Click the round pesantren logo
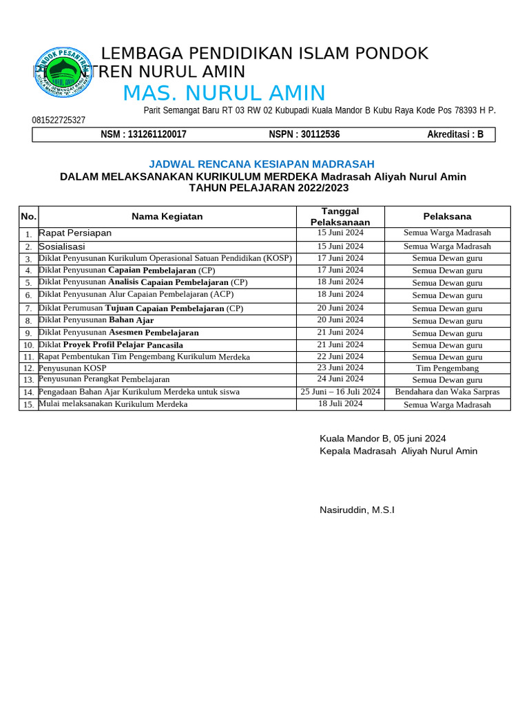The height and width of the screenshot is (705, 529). click(x=63, y=72)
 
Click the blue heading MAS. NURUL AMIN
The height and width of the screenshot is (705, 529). click(x=224, y=93)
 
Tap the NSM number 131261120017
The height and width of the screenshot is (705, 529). click(x=143, y=134)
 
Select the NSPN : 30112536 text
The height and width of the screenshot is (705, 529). click(x=304, y=134)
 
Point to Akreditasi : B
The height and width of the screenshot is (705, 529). click(x=455, y=134)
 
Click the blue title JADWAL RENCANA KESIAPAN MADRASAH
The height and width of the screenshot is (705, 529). click(x=262, y=164)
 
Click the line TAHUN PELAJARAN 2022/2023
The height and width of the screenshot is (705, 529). click(x=269, y=188)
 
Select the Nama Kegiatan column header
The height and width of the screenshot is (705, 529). click(x=167, y=216)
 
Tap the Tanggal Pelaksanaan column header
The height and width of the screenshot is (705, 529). click(x=340, y=216)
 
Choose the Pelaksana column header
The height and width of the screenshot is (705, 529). click(x=447, y=216)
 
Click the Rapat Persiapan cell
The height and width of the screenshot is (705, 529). click(x=75, y=233)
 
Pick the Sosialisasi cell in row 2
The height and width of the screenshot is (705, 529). click(x=62, y=246)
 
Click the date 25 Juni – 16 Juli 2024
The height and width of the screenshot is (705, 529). click(x=340, y=392)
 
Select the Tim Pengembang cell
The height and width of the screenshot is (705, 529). click(x=447, y=368)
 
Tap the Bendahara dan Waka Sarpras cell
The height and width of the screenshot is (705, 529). click(x=447, y=392)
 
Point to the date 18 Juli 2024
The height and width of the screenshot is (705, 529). click(x=340, y=403)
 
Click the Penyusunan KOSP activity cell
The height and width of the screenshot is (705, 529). click(x=72, y=368)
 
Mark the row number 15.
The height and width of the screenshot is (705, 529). click(x=28, y=405)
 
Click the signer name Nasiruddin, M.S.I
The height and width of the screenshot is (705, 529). click(x=357, y=510)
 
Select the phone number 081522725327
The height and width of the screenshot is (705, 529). click(x=59, y=120)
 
